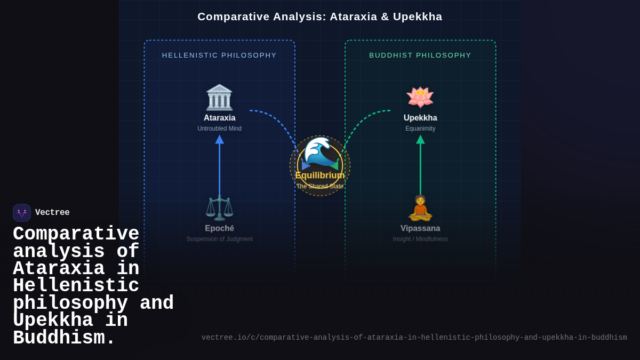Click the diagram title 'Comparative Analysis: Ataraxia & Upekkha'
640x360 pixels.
tap(320, 17)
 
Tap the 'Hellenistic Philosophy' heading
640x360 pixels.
tap(219, 55)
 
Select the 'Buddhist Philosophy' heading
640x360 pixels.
tap(420, 55)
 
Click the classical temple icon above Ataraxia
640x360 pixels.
tap(219, 97)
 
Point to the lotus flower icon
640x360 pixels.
tap(420, 97)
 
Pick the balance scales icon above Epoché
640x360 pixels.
tap(219, 207)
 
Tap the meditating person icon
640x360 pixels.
tap(420, 207)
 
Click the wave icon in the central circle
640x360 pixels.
tap(320, 152)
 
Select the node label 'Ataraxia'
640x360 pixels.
tap(219, 118)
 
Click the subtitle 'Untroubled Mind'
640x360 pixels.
tap(219, 129)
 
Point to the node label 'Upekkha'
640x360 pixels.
tap(420, 118)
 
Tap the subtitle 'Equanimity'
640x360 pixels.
tap(420, 129)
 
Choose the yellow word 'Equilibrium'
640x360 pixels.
tap(320, 175)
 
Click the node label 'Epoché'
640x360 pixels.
tap(219, 228)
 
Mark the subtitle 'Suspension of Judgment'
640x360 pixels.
tap(219, 239)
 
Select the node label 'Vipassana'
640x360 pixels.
tap(420, 228)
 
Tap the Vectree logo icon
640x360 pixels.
tap(22, 213)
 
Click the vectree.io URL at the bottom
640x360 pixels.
tap(414, 338)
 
